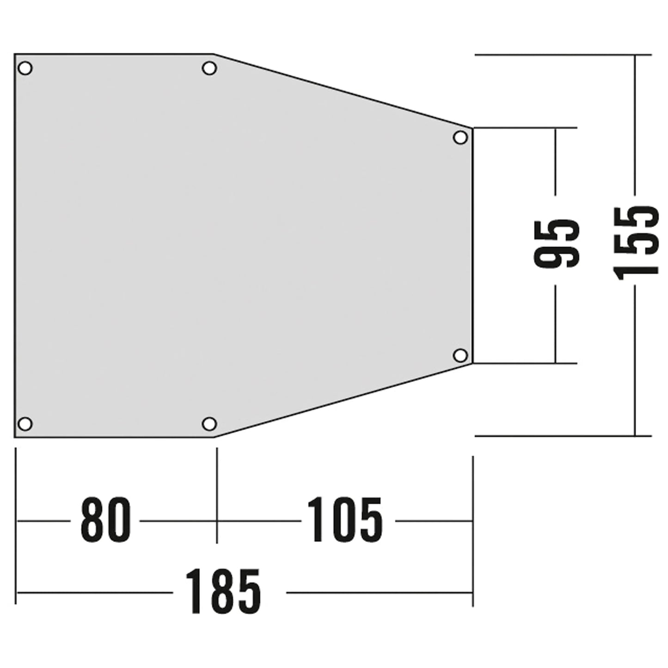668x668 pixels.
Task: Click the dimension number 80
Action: coord(105,520)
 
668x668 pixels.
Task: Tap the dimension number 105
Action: coord(344,520)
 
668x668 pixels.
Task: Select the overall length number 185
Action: coord(223,592)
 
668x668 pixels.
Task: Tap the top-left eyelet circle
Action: coord(25,68)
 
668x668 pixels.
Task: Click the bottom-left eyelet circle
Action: coord(25,423)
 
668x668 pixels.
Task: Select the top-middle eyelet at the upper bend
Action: coord(209,68)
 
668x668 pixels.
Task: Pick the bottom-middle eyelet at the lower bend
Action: coord(209,423)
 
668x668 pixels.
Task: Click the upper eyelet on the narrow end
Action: coord(460,137)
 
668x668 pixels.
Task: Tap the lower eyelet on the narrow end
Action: coord(460,355)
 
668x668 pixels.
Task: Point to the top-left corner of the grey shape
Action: coord(15,55)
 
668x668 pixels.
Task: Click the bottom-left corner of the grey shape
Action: coord(15,436)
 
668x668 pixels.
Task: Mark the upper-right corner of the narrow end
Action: coord(472,128)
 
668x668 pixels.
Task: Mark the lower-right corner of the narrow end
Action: coord(472,363)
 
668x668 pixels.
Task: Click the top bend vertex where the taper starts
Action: coord(214,55)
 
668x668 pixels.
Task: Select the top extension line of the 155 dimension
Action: coord(555,55)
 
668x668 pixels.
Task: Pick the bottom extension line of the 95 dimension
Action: coord(525,363)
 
